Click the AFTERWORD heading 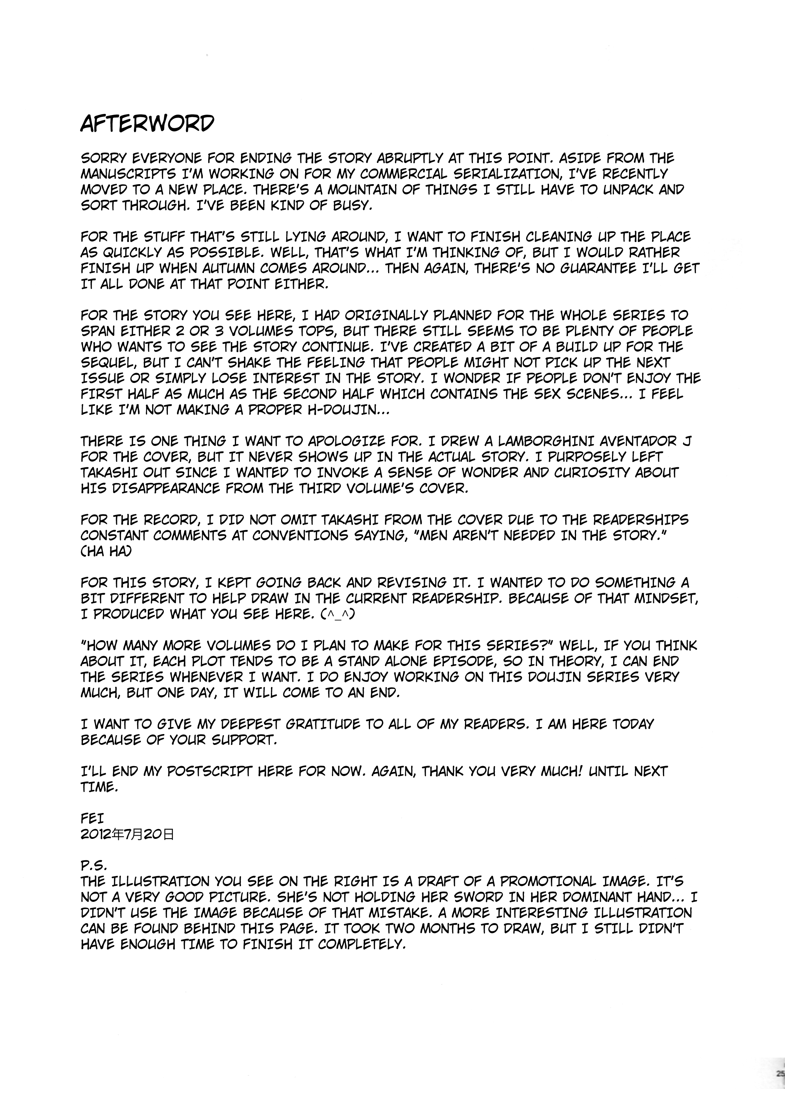pyautogui.click(x=147, y=124)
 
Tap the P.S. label pyautogui.click(x=93, y=866)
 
